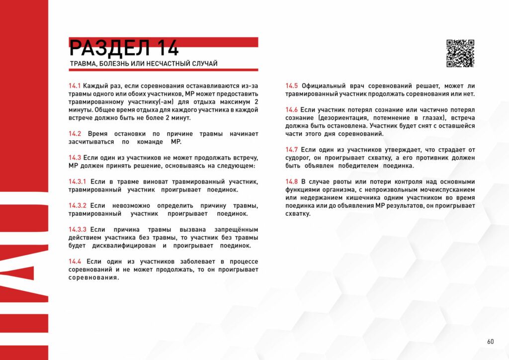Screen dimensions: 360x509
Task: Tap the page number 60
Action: coord(490,342)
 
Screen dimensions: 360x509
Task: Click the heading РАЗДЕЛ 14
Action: coord(124,48)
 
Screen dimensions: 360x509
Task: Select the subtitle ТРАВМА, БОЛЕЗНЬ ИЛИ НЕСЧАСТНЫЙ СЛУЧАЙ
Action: coord(143,64)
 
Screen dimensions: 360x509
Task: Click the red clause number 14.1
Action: coord(75,86)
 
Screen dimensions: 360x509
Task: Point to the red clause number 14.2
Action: coord(75,134)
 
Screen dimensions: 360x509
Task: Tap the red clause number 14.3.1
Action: coord(78,181)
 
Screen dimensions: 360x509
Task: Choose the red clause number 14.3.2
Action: coord(78,205)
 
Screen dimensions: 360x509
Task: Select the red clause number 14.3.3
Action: coord(78,229)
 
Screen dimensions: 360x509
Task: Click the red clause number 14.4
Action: coord(75,261)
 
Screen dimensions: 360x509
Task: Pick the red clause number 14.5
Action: coord(292,86)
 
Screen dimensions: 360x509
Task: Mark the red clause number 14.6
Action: coord(292,109)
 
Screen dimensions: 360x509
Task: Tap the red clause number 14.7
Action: coord(292,149)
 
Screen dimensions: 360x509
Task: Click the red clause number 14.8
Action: coord(292,181)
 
